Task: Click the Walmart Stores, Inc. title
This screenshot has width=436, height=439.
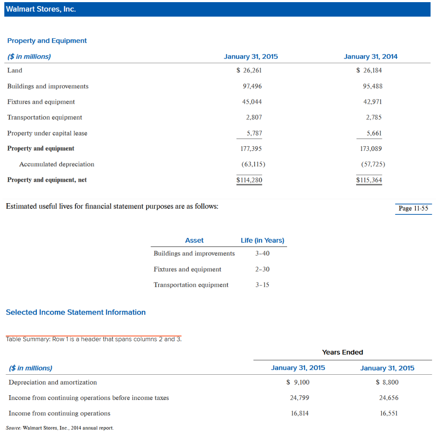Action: [x=41, y=9]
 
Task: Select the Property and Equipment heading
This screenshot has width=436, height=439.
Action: [x=47, y=41]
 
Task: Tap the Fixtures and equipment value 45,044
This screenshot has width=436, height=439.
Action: [x=252, y=102]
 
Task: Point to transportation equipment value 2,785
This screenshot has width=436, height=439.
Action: [x=374, y=117]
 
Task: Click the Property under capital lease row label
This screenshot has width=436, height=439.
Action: [x=47, y=133]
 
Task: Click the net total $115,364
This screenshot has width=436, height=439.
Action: [x=369, y=180]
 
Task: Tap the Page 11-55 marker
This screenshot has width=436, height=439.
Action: [x=413, y=208]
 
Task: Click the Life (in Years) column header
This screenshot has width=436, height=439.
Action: [x=262, y=240]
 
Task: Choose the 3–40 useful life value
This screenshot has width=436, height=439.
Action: [x=262, y=253]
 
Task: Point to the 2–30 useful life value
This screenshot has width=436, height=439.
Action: [x=262, y=269]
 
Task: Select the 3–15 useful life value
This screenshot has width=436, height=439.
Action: [x=262, y=285]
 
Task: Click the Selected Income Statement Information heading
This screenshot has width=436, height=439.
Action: [x=76, y=312]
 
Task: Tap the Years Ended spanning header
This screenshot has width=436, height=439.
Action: [x=342, y=352]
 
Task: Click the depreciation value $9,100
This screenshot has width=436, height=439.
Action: [x=298, y=382]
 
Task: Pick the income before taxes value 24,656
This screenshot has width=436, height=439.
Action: [x=389, y=397]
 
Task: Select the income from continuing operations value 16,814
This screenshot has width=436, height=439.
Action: [x=299, y=413]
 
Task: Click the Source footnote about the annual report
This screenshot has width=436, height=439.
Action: [x=60, y=428]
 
